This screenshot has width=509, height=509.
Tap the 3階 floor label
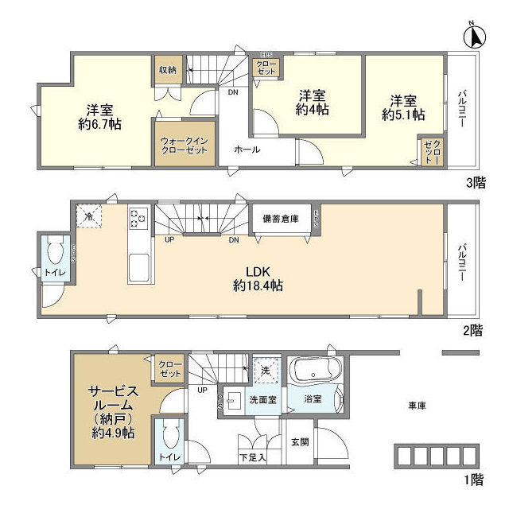(475, 182)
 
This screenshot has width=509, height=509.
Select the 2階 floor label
(475, 330)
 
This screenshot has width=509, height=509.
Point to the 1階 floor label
(475, 480)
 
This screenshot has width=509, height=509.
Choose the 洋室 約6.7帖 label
(99, 116)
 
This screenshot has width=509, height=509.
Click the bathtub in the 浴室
(317, 371)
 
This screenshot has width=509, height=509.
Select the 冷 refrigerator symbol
(89, 216)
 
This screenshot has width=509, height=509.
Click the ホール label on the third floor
(247, 149)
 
